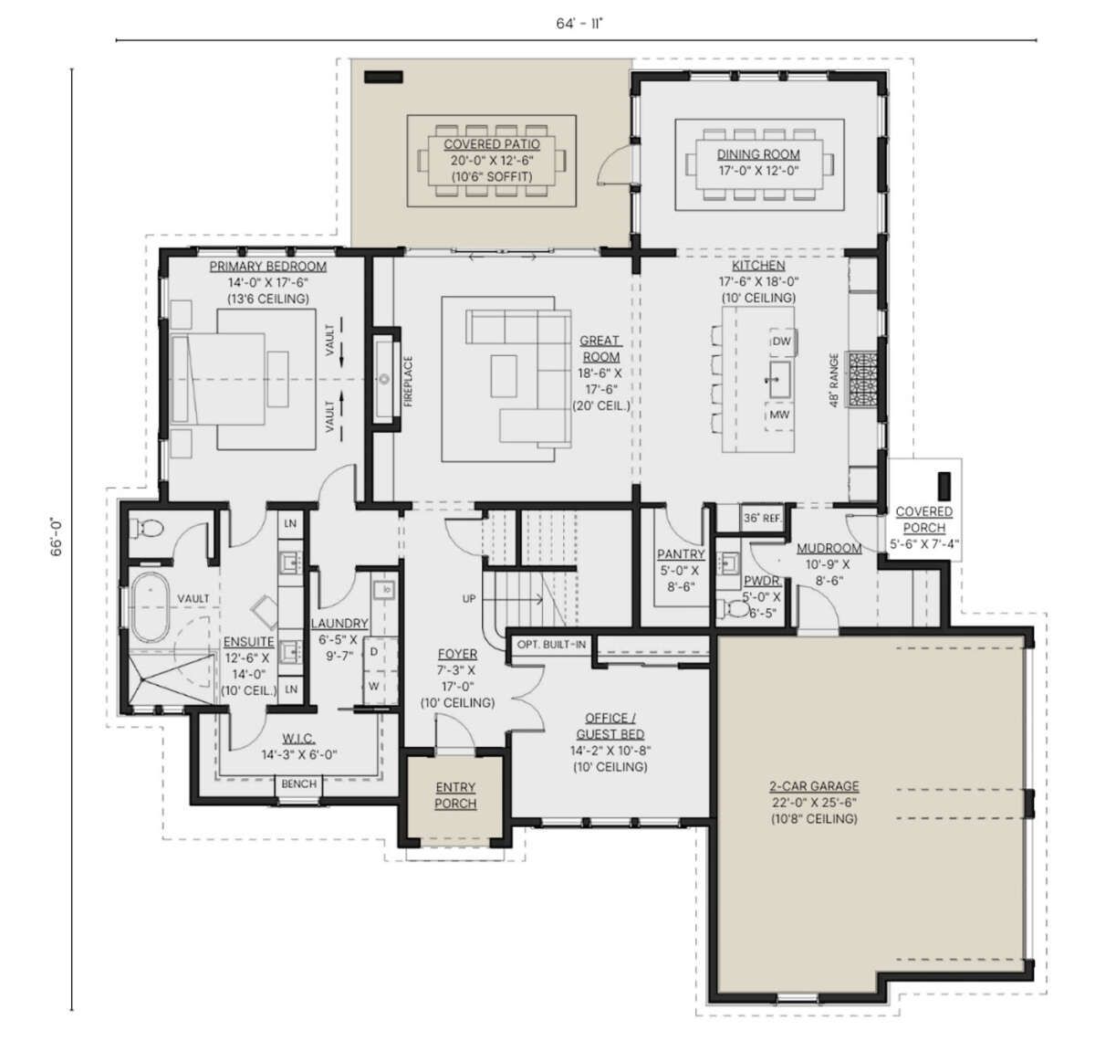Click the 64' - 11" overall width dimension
[x=579, y=24]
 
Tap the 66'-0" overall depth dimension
[x=57, y=538]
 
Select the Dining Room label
[x=758, y=154]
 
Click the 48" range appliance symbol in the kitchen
[x=862, y=379]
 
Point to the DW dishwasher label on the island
[x=781, y=341]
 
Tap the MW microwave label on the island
[x=778, y=415]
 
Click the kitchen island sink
[x=779, y=379]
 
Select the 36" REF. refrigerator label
[x=763, y=518]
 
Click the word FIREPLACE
[x=408, y=382]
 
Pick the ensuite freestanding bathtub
[x=150, y=606]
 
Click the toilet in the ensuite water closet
[x=146, y=527]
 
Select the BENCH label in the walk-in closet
[x=299, y=783]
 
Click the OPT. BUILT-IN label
[x=551, y=645]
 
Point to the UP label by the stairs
[x=469, y=598]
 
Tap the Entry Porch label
[x=455, y=795]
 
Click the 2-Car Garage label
[x=814, y=786]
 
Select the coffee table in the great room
[x=504, y=376]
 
